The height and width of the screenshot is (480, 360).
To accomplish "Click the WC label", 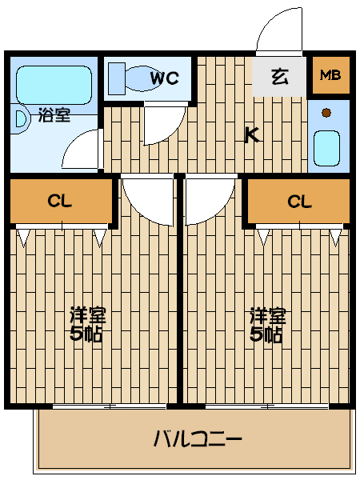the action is [165, 78].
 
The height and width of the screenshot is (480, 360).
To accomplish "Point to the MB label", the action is [330, 74].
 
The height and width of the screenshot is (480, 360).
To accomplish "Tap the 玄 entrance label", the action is [280, 77].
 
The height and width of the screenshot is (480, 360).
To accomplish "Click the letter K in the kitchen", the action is [253, 135].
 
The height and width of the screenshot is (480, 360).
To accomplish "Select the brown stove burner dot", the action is [326, 113].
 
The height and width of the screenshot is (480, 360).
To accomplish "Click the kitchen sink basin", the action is [327, 148].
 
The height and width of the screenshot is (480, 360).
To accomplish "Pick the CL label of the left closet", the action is [60, 201].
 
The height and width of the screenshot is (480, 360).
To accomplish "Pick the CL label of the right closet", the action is [299, 202].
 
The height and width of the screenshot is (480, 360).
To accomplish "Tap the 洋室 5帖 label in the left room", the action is [87, 324].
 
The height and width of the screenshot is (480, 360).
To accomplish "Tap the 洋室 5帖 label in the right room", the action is [267, 324].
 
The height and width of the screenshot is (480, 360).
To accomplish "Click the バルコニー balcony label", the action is [198, 439].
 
